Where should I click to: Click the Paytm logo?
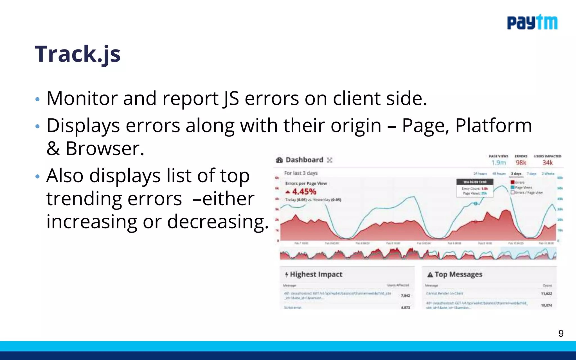point(532,22)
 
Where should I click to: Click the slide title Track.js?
point(78,54)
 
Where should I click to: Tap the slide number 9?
point(561,334)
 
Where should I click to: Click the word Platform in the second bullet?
point(494,125)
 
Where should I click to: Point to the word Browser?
point(105,148)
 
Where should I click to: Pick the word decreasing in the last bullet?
point(218,222)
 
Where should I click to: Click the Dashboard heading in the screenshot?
point(304,160)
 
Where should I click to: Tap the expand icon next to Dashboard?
point(330,160)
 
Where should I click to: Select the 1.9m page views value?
point(498,163)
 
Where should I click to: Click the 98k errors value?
point(521,163)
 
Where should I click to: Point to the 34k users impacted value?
point(547,163)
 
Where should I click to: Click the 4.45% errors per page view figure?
point(304,192)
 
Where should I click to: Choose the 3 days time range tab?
point(516,174)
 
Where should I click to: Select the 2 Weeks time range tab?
point(548,174)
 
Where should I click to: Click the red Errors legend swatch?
point(512,183)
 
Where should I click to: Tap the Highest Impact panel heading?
point(316,274)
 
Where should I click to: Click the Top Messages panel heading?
point(458,274)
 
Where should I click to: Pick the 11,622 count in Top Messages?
point(546,294)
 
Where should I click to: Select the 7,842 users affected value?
point(405,296)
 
